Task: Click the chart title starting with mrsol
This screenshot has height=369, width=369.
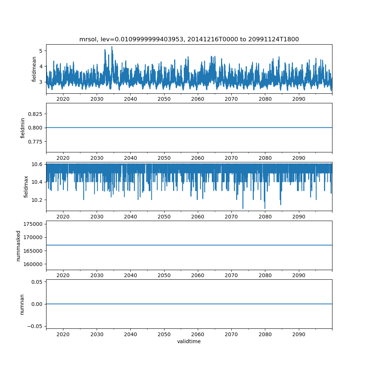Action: click(x=189, y=39)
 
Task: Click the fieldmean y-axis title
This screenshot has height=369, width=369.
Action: click(x=34, y=69)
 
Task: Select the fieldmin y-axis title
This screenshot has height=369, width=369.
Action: click(x=23, y=128)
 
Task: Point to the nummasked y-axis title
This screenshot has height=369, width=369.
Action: click(x=18, y=245)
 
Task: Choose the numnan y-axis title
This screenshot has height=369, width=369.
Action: click(x=22, y=304)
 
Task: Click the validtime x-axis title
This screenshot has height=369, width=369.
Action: click(x=189, y=341)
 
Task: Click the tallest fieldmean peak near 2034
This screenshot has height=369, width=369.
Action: click(x=112, y=47)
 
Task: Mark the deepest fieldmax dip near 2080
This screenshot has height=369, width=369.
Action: click(x=265, y=208)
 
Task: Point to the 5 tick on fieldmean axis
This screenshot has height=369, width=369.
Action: click(x=41, y=51)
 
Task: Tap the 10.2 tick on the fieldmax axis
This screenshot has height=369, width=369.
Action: click(x=38, y=200)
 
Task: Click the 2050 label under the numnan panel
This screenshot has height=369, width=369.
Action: click(x=164, y=334)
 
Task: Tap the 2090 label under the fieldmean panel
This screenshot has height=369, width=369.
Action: click(x=299, y=99)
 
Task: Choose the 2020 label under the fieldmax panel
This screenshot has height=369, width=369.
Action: click(x=63, y=216)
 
